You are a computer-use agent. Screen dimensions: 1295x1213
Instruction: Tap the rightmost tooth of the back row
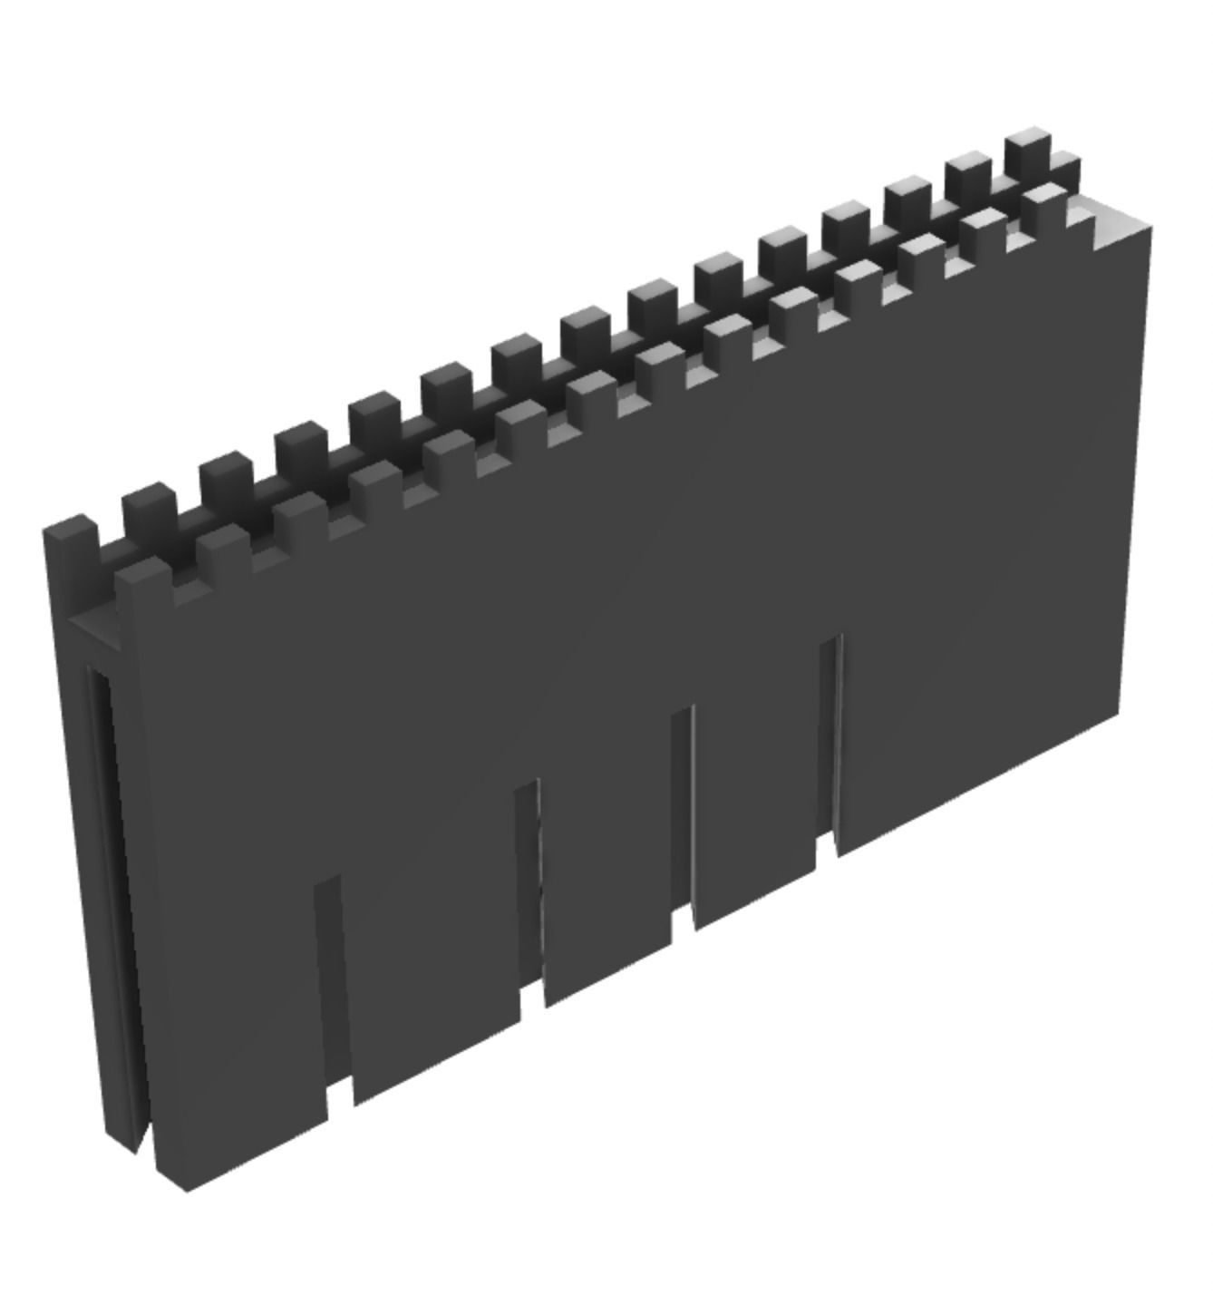pos(1028,149)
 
